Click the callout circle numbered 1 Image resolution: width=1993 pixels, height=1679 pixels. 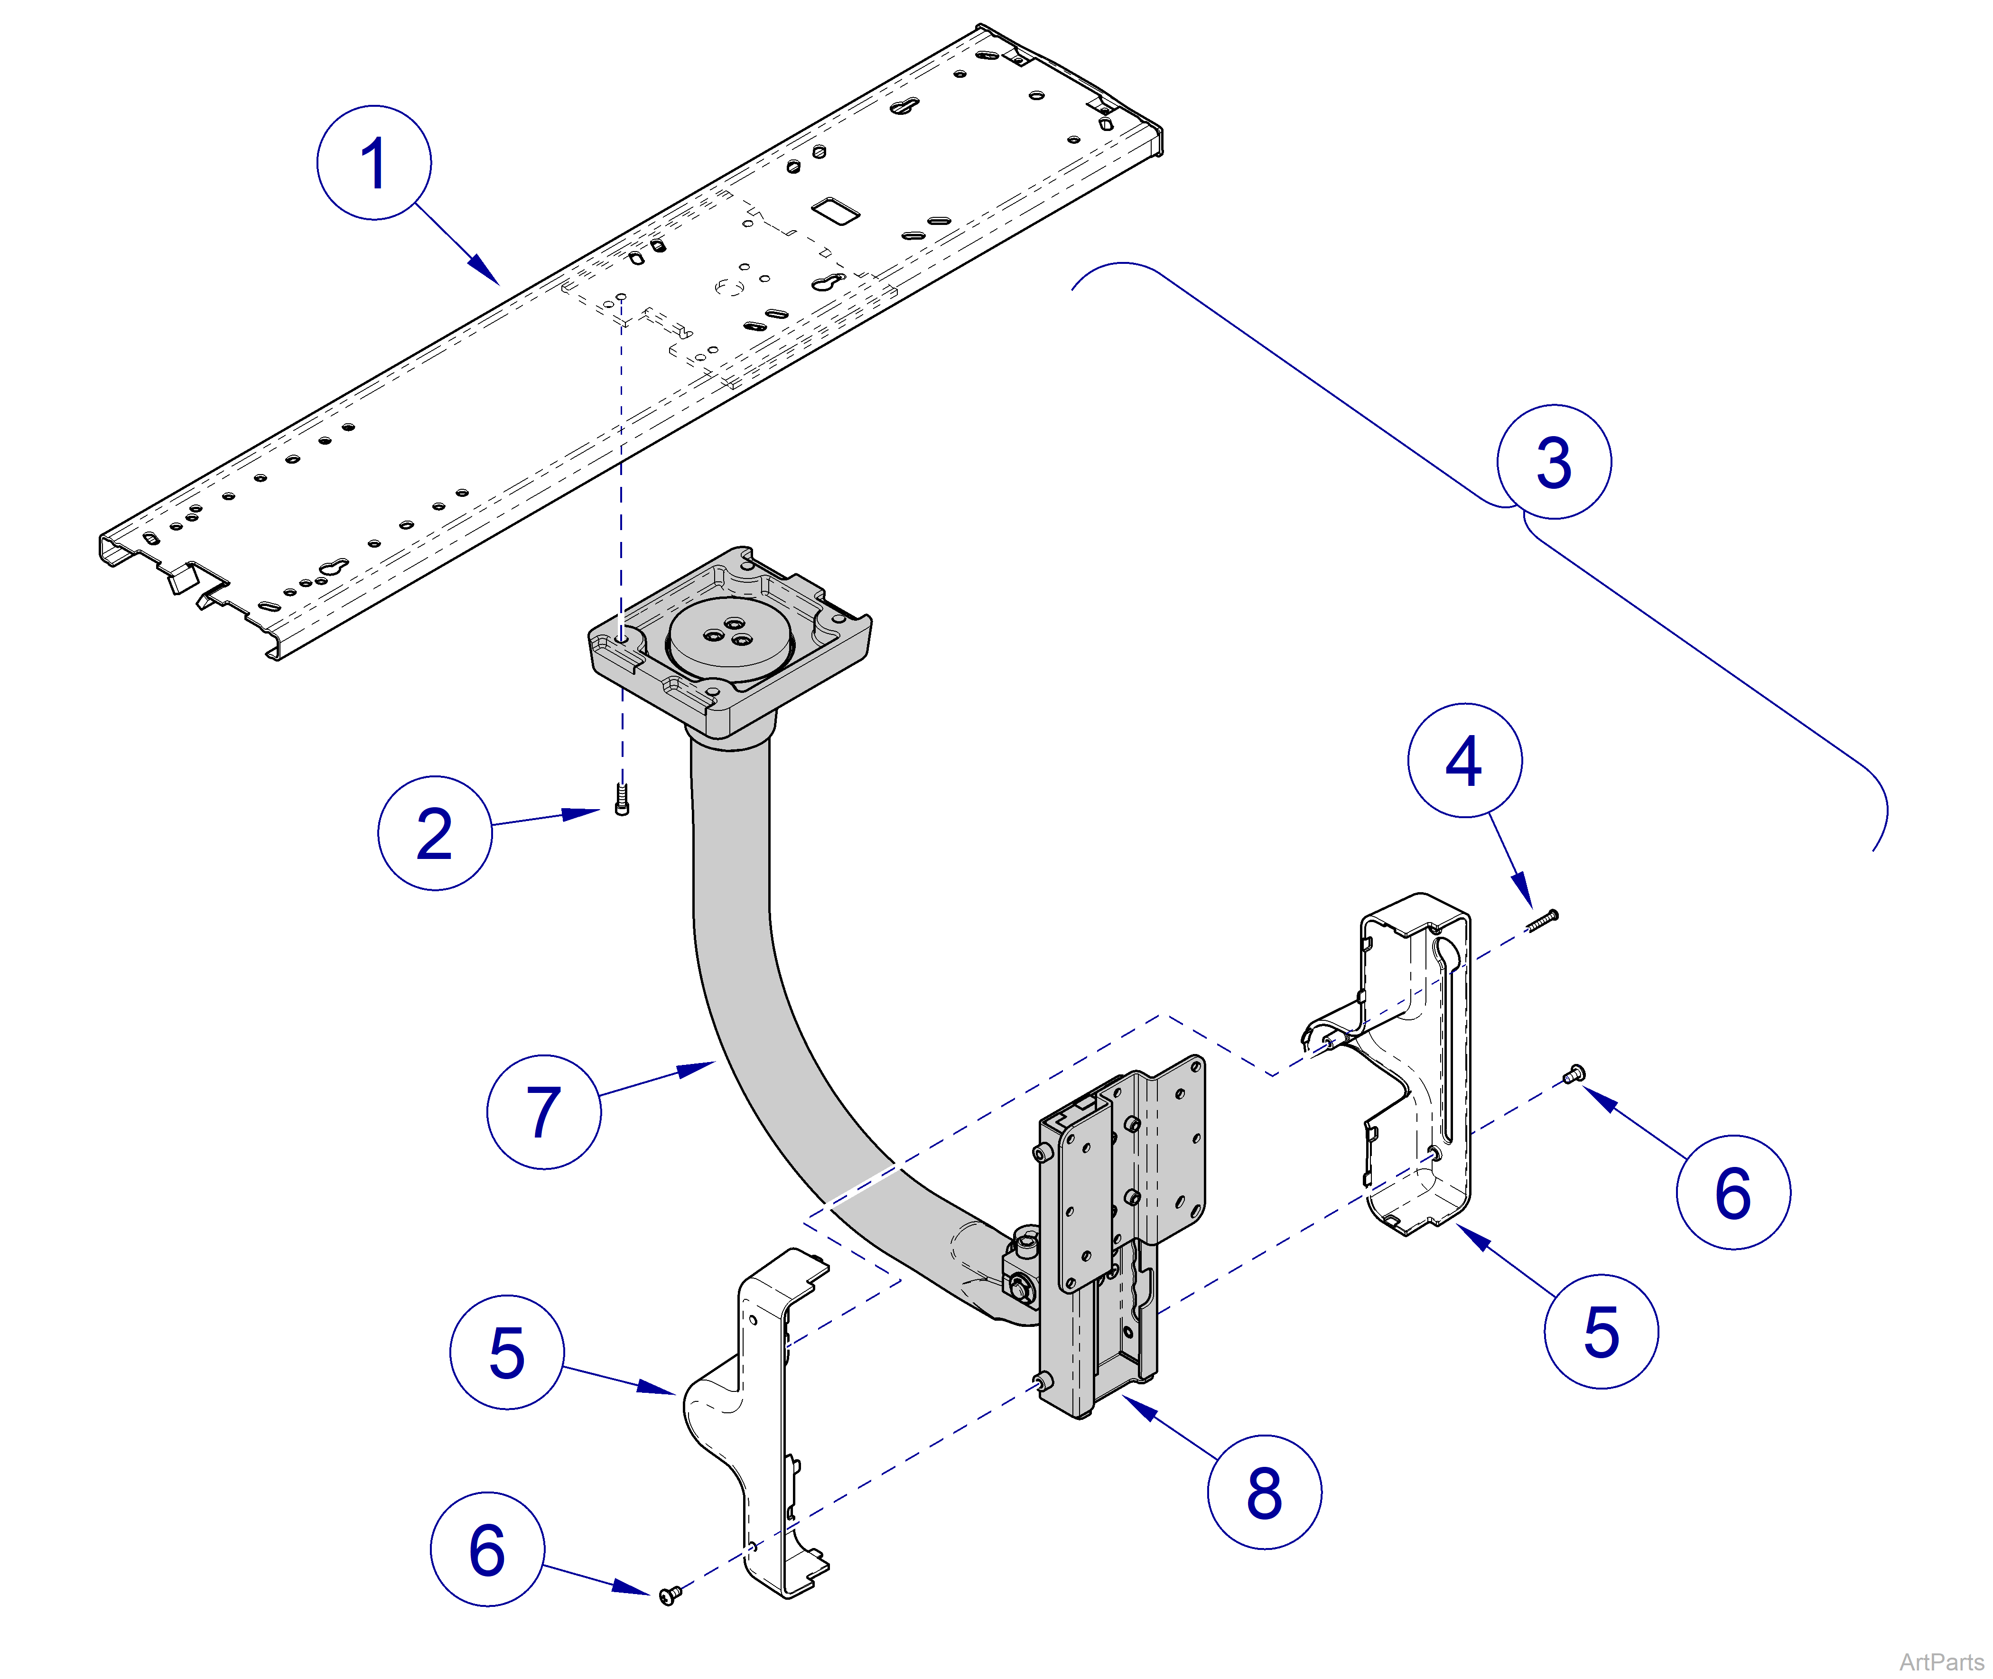click(374, 163)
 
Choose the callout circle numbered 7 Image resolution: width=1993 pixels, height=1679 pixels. click(543, 1112)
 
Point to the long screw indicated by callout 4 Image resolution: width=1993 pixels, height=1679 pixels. click(1543, 920)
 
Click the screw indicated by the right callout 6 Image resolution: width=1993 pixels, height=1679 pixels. click(1573, 1074)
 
